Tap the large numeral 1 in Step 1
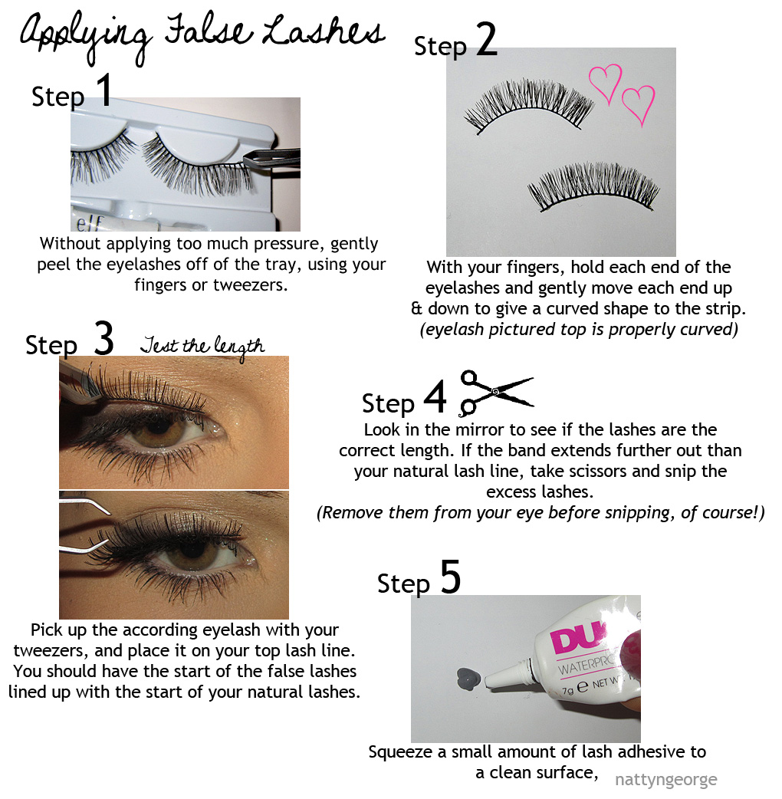[104, 90]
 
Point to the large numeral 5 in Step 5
[450, 577]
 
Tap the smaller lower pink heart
[639, 104]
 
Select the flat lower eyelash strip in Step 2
[593, 186]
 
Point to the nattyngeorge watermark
[665, 780]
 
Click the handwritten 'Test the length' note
[202, 347]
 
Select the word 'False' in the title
[209, 31]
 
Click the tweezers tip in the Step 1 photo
[247, 162]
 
